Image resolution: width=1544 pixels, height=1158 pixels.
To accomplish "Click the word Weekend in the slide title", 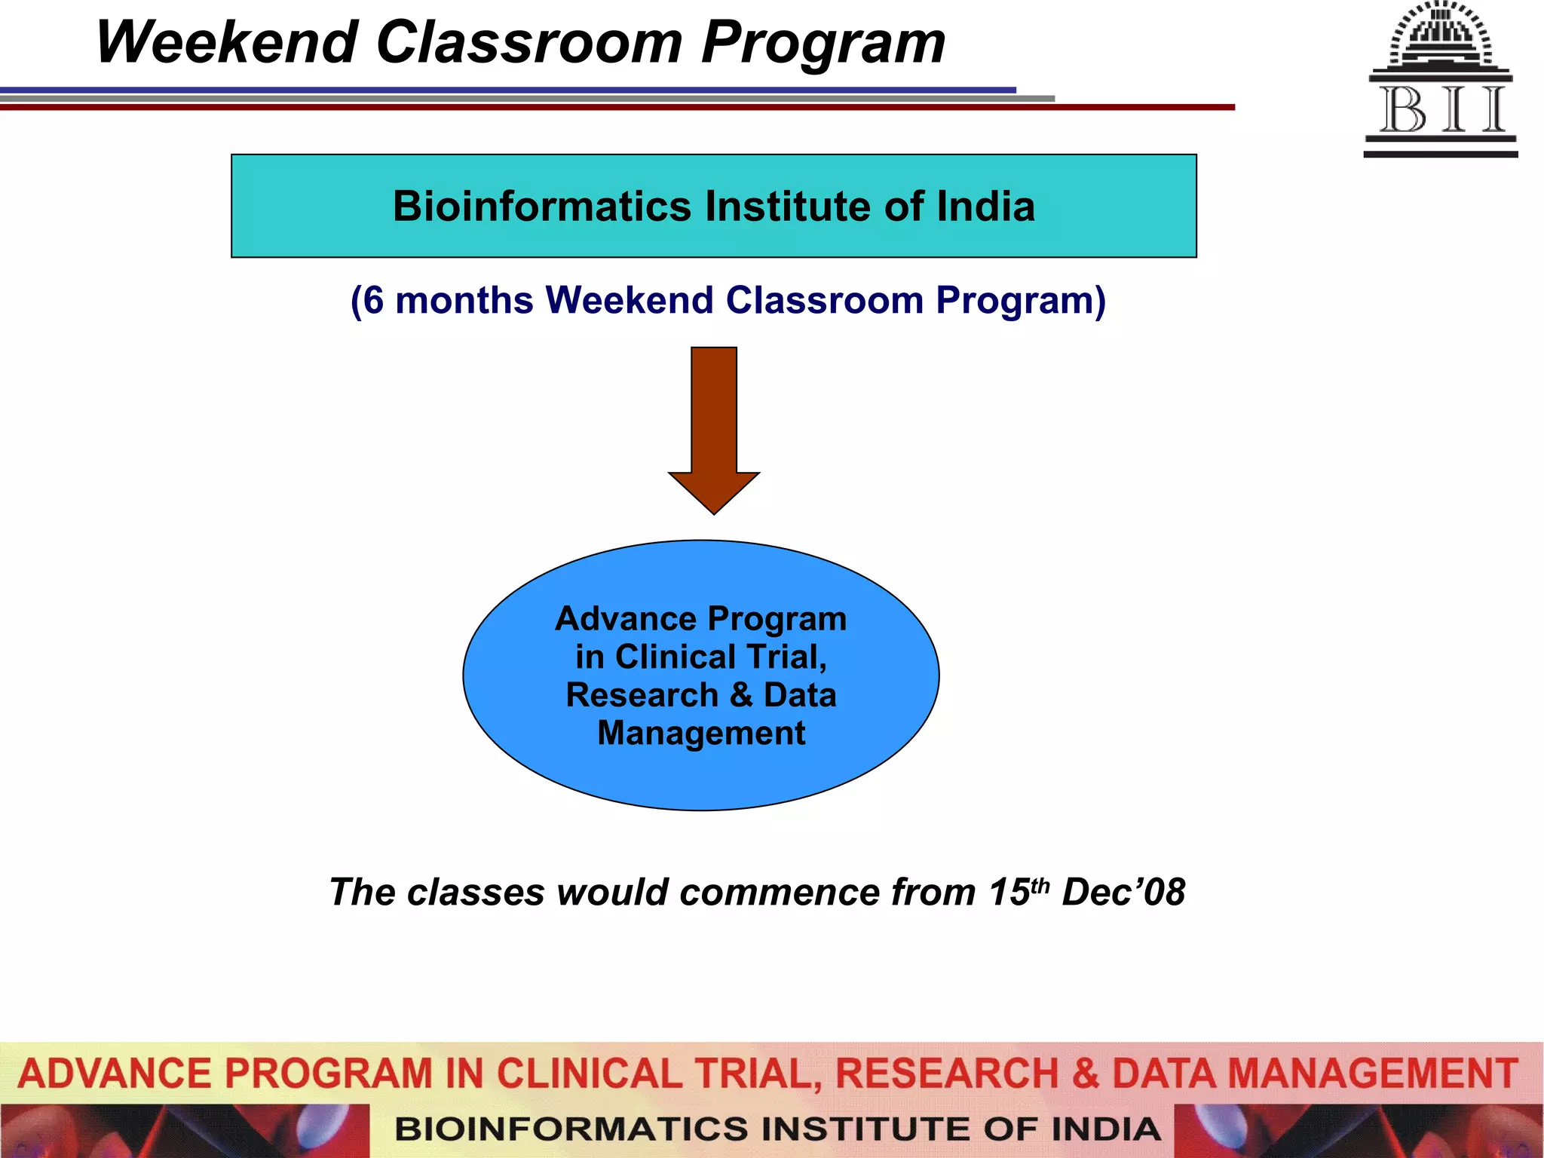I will pyautogui.click(x=226, y=43).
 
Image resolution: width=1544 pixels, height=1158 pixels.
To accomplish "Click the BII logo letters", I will pyautogui.click(x=1441, y=110).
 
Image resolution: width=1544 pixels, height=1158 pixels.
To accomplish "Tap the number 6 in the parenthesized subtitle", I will pyautogui.click(x=372, y=301).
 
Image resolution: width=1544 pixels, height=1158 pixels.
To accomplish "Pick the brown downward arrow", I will pyautogui.click(x=713, y=430).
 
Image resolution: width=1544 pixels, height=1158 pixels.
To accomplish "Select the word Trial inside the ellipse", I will pyautogui.click(x=785, y=657).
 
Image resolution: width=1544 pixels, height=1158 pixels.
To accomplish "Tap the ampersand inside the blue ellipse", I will pyautogui.click(x=742, y=695).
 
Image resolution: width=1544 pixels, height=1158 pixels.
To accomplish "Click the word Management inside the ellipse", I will pyautogui.click(x=701, y=734).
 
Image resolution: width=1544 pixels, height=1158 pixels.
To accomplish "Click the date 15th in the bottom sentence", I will pyautogui.click(x=1018, y=892).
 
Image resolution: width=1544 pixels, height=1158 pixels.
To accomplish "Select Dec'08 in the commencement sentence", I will pyautogui.click(x=1123, y=893).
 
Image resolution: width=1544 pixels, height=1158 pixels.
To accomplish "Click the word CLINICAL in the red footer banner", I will pyautogui.click(x=589, y=1074).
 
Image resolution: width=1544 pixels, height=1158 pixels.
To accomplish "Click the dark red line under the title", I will pyautogui.click(x=603, y=107).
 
